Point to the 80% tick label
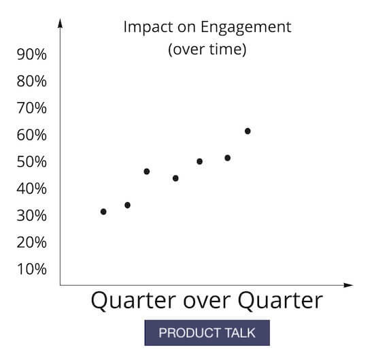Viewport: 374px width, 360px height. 31,81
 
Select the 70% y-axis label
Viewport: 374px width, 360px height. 31,108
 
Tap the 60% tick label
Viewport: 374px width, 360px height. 31,135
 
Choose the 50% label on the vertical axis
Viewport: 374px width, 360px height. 31,162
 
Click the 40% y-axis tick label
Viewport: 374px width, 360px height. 31,189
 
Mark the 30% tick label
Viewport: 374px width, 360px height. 31,216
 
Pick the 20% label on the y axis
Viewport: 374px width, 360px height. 31,242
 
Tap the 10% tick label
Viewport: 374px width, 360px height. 31,269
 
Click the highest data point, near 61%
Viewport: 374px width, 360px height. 248,131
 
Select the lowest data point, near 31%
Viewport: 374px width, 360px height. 103,212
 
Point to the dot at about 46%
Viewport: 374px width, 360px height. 147,171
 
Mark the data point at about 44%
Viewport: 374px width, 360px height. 175,178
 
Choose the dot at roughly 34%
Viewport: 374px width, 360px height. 127,205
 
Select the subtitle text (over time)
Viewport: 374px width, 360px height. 207,49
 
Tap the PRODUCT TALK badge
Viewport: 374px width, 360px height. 207,333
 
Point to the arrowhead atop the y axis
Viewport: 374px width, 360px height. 61,24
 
